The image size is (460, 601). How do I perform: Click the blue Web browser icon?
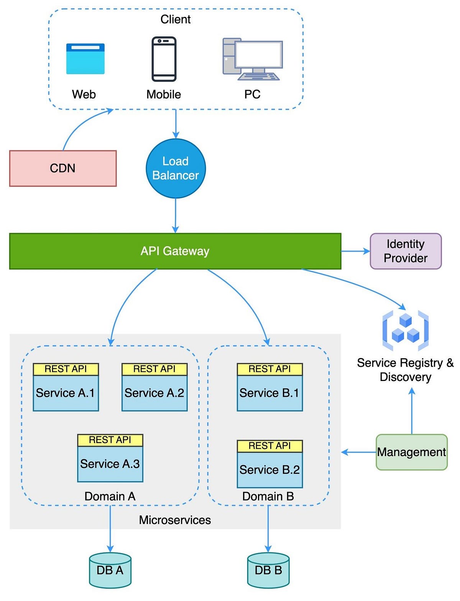[85, 59]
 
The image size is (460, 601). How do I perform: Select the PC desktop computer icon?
[253, 59]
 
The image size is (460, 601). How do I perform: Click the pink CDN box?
[63, 168]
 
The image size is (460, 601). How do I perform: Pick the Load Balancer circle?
[176, 168]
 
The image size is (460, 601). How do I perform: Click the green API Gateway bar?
[175, 251]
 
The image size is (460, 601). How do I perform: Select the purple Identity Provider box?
[406, 251]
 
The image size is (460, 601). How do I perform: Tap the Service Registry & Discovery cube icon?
[406, 331]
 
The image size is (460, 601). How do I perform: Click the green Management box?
[411, 452]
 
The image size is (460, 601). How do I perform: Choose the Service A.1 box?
[66, 393]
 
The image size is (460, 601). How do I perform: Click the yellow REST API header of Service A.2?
[154, 369]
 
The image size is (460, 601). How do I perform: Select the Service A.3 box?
[110, 464]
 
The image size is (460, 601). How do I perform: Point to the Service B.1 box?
[269, 393]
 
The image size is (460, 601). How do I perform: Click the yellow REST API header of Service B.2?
[269, 446]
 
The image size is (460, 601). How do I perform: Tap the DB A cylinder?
[110, 570]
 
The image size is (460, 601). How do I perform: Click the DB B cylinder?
[268, 570]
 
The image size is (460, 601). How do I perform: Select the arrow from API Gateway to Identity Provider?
[355, 251]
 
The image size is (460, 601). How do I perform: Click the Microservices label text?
[175, 520]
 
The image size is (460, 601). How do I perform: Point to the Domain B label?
[268, 496]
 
